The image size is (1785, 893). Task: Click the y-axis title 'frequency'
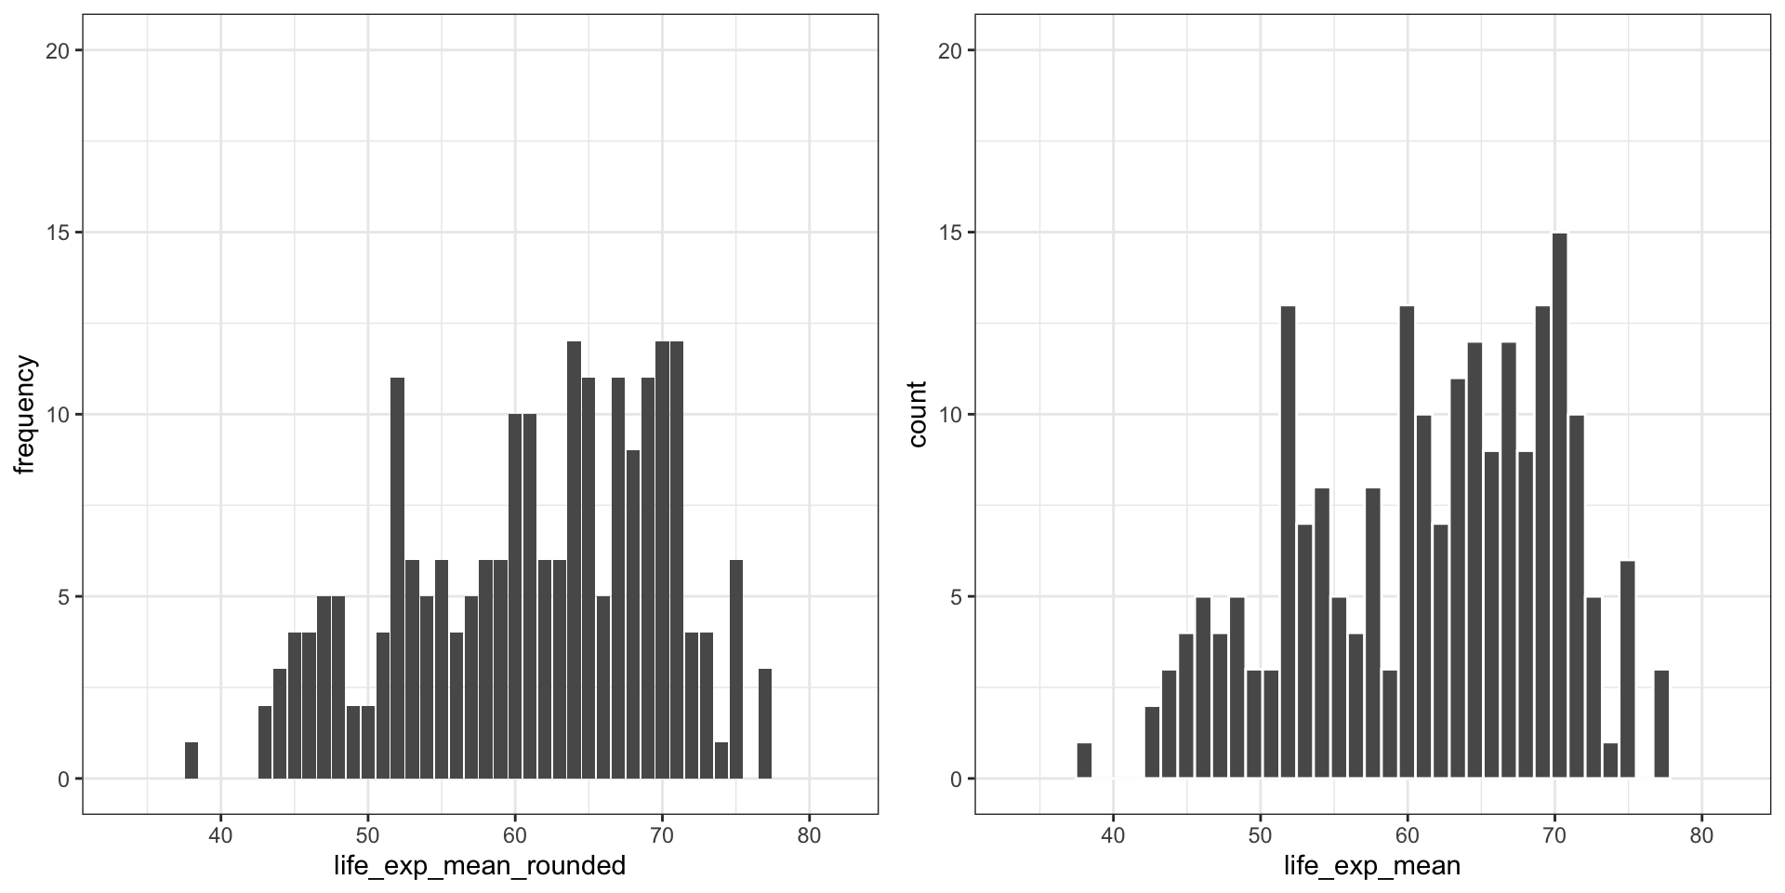[24, 415]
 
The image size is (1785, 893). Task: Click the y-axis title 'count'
[918, 415]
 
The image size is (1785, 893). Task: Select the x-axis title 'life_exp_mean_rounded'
[480, 867]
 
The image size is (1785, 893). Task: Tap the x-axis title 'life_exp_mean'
[1372, 867]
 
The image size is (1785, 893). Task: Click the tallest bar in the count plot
[1560, 505]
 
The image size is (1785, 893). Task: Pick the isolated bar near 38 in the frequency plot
[192, 760]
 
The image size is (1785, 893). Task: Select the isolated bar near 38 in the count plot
[1084, 760]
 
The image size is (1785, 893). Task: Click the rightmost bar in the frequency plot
[765, 724]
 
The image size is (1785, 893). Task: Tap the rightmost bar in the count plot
[1661, 724]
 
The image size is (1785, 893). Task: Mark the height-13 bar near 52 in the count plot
[1288, 541]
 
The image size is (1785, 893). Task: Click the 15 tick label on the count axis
[950, 233]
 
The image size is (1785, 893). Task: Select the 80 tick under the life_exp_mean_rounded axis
[809, 835]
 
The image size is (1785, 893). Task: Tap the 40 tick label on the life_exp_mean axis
[1113, 835]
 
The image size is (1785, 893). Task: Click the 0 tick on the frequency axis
[63, 780]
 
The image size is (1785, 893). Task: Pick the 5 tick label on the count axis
[956, 597]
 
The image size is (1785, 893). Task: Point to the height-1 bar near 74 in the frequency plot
[721, 760]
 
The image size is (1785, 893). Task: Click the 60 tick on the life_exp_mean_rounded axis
[515, 835]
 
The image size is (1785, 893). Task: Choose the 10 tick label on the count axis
[950, 415]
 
